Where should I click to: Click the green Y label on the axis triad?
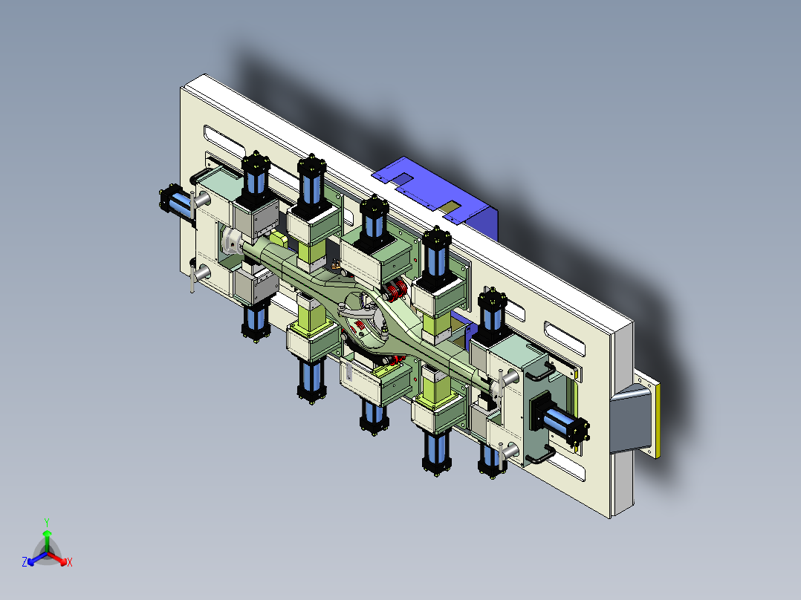(46, 522)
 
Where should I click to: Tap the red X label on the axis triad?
(69, 563)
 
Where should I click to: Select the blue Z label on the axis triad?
(25, 563)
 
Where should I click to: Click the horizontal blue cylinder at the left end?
(175, 201)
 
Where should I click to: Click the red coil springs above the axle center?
(394, 290)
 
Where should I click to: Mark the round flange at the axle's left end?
(233, 241)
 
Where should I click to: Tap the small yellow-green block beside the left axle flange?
(276, 239)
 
